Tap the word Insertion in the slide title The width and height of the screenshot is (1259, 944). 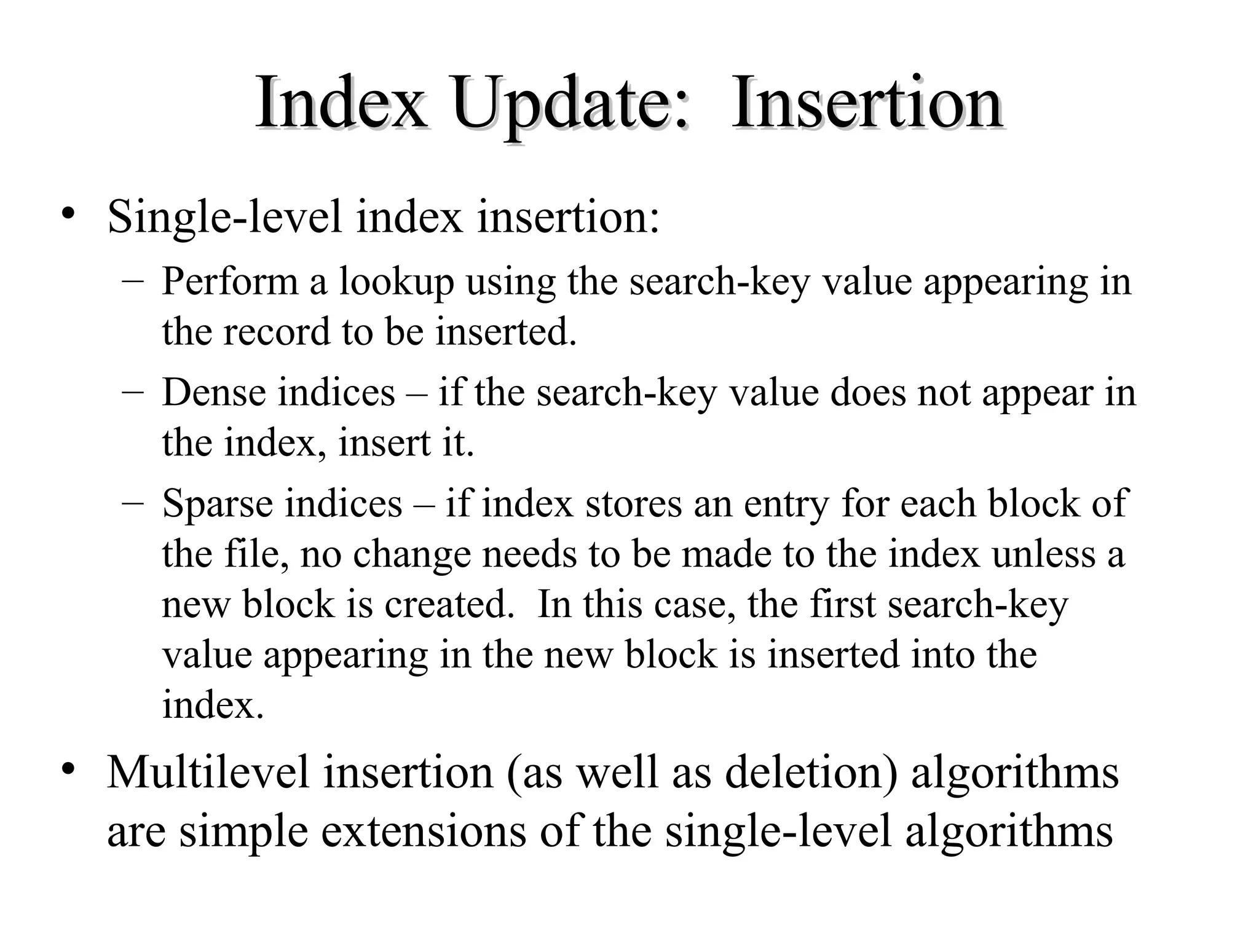point(867,103)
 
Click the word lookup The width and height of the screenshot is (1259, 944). point(397,283)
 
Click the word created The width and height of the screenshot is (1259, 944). point(449,604)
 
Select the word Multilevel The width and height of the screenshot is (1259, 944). point(208,773)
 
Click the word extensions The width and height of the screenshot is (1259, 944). point(424,832)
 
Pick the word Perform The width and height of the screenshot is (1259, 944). point(229,282)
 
